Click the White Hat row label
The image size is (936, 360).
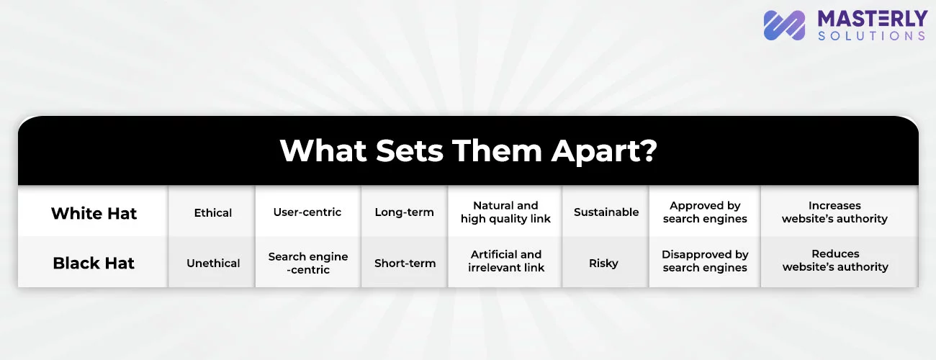(94, 213)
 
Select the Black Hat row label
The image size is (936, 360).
(94, 263)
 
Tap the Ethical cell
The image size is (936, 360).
(212, 213)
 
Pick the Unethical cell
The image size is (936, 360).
(213, 263)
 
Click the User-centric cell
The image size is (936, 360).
(307, 212)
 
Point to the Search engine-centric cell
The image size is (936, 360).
(308, 263)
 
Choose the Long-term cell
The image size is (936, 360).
(404, 212)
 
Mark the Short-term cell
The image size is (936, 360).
(405, 263)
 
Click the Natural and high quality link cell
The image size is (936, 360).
(505, 212)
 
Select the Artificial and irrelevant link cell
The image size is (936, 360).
(506, 261)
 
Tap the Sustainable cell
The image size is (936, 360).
(606, 212)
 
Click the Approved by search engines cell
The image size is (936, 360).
(705, 212)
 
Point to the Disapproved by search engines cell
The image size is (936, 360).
(705, 261)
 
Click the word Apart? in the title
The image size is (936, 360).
(604, 151)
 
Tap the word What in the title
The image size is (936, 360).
(323, 150)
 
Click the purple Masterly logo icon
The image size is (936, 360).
(784, 25)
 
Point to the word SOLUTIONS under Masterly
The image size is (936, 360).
(872, 36)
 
